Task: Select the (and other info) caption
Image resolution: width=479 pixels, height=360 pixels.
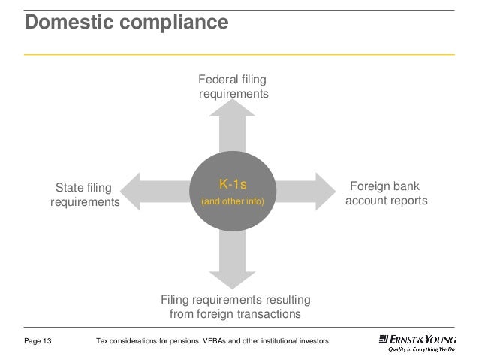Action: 232,202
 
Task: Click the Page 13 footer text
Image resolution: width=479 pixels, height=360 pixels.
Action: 38,342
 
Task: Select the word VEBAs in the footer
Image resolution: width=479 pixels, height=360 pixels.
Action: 224,342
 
